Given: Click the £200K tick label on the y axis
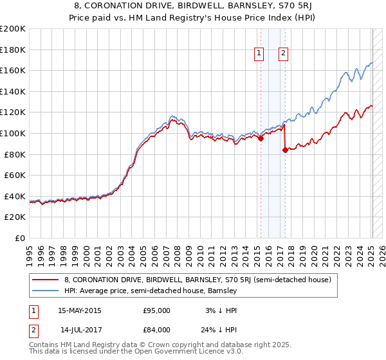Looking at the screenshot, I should pyautogui.click(x=13, y=29).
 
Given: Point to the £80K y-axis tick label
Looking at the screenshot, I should pyautogui.click(x=15, y=154).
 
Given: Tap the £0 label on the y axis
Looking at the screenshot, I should pyautogui.click(x=21, y=238).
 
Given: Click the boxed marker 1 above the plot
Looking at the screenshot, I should pyautogui.click(x=259, y=54).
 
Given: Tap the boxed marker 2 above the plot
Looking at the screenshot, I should pyautogui.click(x=283, y=54).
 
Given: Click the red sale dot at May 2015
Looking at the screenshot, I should pyautogui.click(x=261, y=138).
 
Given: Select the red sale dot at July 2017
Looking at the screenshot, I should pyautogui.click(x=285, y=150).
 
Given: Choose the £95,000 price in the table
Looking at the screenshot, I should pyautogui.click(x=156, y=310).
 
